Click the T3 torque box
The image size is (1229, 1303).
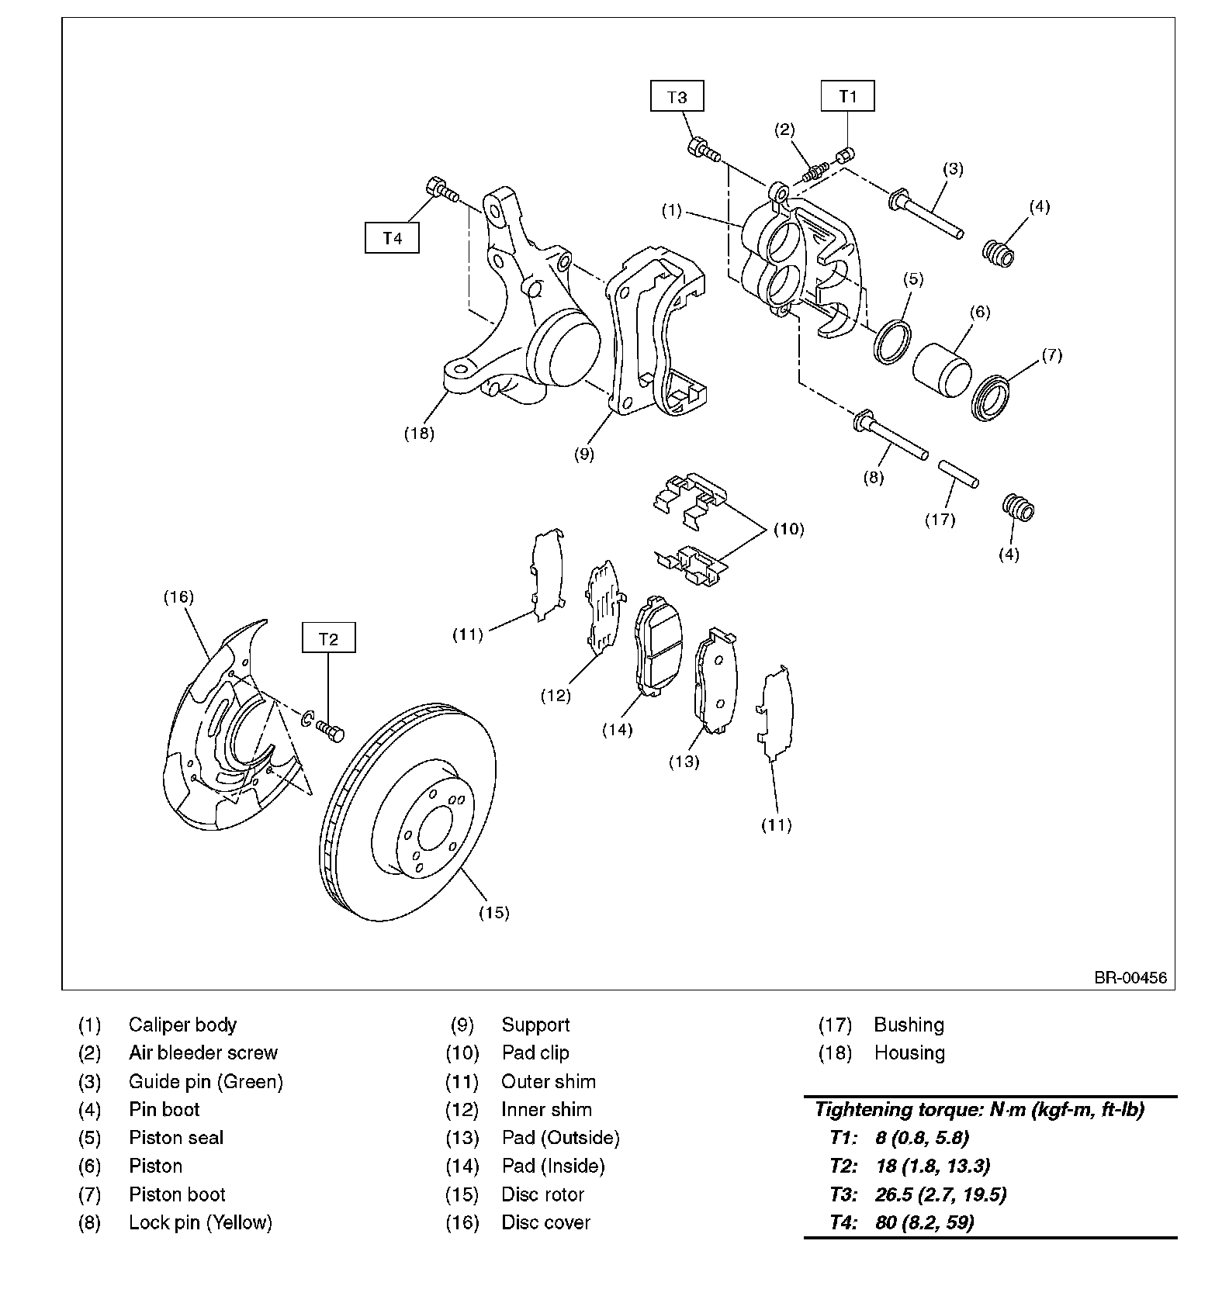point(677,97)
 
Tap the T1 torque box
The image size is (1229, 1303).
point(848,96)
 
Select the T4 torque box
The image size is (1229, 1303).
point(393,237)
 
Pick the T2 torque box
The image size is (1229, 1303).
point(329,638)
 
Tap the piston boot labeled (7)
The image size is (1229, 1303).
point(991,398)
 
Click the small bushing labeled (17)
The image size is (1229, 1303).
point(959,474)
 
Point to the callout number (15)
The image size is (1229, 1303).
point(493,912)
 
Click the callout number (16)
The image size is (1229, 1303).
point(178,596)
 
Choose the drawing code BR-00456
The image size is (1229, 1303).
point(1130,977)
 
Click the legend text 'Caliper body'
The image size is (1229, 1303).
point(182,1025)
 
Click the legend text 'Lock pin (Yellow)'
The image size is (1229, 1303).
point(200,1222)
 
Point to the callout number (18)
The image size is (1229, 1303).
point(419,433)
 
